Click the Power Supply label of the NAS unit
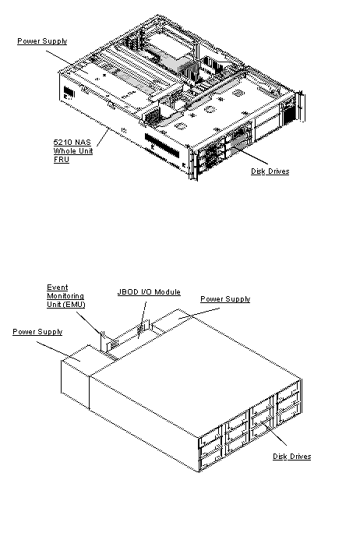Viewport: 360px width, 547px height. [x=42, y=41]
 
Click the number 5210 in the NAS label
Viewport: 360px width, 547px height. [x=62, y=141]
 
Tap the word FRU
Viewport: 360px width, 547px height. [x=60, y=160]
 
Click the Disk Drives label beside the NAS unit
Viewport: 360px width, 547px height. [x=270, y=171]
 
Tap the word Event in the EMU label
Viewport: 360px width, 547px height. [x=58, y=287]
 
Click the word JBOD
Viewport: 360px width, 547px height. [x=128, y=292]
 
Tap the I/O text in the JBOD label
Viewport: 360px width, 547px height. [x=147, y=292]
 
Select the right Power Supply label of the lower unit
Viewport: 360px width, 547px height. [x=225, y=299]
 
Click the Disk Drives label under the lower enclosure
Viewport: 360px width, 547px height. [x=291, y=456]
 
